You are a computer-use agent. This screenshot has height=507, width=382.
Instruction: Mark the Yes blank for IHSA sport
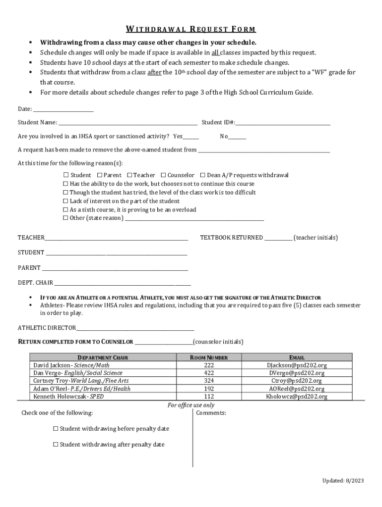click(x=191, y=137)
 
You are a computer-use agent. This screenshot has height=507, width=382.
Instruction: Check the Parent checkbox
click(x=100, y=175)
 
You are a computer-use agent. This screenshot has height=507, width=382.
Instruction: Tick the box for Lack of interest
click(x=65, y=202)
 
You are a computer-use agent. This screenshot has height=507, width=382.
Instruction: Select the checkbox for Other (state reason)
click(x=65, y=218)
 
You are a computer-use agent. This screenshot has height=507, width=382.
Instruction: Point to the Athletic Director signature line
click(x=135, y=328)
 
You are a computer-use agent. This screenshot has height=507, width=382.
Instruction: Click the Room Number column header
click(x=209, y=357)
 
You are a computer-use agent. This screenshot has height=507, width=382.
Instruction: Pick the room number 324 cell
click(x=209, y=381)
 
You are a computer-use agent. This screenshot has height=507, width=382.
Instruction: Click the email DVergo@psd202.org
click(x=297, y=373)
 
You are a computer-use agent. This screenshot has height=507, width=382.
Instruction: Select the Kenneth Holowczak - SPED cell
click(x=68, y=397)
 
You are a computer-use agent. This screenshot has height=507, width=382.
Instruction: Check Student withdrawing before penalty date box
click(x=56, y=429)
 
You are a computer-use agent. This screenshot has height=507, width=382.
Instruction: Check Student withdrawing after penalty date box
click(x=56, y=445)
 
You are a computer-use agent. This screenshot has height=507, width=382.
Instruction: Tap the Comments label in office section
click(x=211, y=413)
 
